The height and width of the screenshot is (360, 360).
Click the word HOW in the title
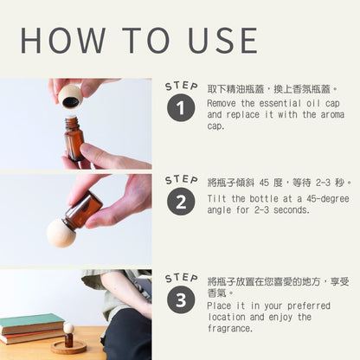(63, 41)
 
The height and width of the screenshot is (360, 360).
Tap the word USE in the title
(222, 41)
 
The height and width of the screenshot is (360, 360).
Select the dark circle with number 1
(181, 107)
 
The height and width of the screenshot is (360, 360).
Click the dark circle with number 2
(181, 202)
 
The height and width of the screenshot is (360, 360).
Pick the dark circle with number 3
(181, 299)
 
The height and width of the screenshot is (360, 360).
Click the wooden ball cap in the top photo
(70, 96)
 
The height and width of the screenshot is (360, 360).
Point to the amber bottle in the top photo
(74, 138)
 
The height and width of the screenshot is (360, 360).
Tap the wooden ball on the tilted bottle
(61, 233)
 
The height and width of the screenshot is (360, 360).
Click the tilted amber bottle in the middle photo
(82, 212)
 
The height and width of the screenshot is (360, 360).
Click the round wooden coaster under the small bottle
(68, 347)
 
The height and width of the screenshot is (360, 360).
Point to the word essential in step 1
(280, 103)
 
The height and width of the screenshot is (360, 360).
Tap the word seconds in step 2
(292, 210)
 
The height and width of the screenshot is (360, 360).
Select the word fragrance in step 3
(230, 328)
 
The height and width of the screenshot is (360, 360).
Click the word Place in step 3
(220, 305)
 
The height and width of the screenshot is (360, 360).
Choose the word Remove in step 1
(222, 103)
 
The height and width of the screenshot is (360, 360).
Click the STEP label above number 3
(182, 278)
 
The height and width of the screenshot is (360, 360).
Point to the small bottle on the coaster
(68, 335)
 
